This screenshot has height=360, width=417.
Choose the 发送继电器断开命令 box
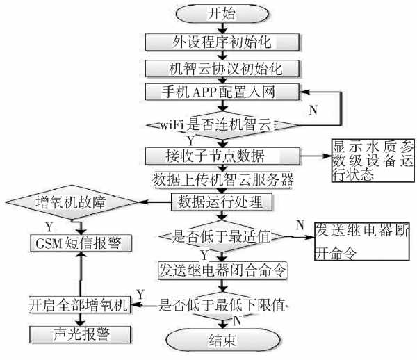361,241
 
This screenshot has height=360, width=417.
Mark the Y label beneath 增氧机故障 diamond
48,227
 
